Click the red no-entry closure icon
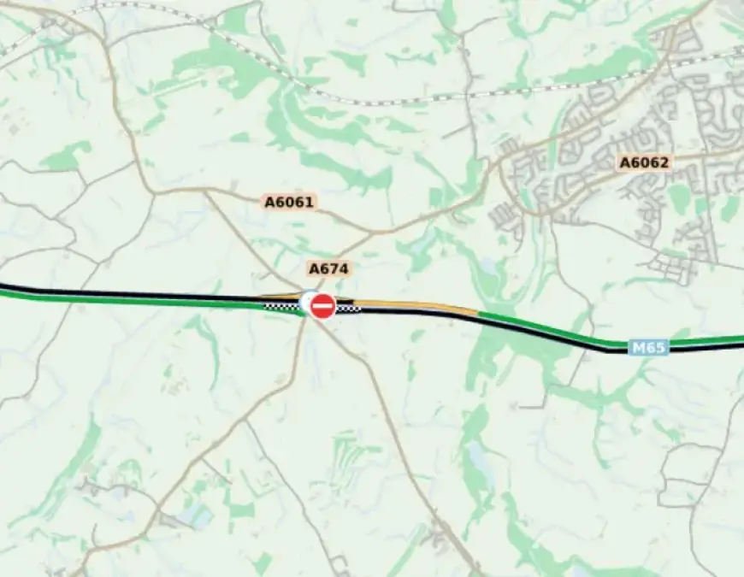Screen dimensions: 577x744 [x=322, y=306]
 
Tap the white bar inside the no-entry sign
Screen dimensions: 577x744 [x=322, y=306]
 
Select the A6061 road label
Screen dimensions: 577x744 [x=290, y=203]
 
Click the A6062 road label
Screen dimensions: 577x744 [x=644, y=162]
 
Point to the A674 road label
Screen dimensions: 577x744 [x=329, y=268]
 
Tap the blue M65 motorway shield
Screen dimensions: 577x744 [x=648, y=348]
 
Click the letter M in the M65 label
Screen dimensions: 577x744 [x=638, y=348]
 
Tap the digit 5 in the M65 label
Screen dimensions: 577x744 [x=658, y=348]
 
